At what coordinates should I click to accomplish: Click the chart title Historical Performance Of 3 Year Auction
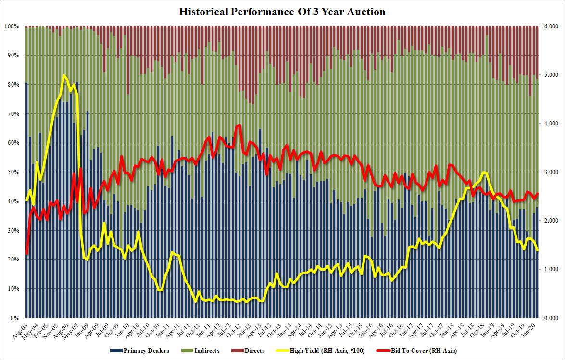282,12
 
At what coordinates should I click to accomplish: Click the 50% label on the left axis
13,172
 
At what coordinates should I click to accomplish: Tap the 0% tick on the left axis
14,318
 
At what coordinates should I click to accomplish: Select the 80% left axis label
13,85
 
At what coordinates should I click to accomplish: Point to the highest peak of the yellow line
63,75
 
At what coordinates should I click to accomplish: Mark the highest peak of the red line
239,125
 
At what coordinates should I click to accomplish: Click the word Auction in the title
368,12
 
